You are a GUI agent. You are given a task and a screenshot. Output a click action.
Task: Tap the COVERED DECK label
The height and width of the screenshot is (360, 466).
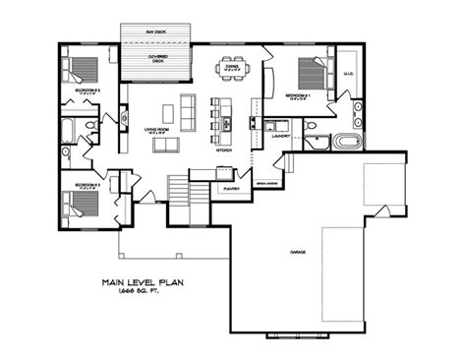pyautogui.click(x=157, y=59)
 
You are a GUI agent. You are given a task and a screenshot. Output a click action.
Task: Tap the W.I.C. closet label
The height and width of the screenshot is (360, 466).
pyautogui.click(x=348, y=71)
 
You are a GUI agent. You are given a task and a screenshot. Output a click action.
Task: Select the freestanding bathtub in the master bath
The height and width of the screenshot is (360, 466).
pyautogui.click(x=348, y=142)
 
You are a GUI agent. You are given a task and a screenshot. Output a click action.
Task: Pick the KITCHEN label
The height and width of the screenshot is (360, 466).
pyautogui.click(x=223, y=150)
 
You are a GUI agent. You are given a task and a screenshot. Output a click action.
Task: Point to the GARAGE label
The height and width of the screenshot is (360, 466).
pyautogui.click(x=297, y=252)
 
